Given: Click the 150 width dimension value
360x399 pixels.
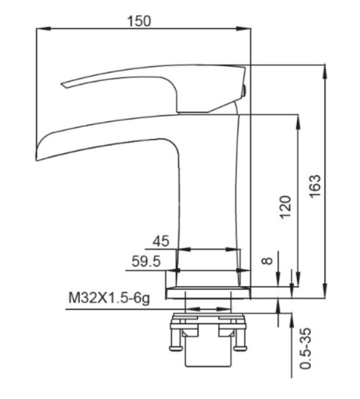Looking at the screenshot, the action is (x=139, y=21).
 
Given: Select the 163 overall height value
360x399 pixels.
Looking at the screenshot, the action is (x=315, y=186).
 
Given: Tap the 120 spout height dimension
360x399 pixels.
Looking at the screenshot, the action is (x=286, y=207).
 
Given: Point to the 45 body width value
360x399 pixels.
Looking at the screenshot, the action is (x=161, y=241).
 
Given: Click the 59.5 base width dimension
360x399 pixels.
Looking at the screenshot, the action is (x=146, y=262).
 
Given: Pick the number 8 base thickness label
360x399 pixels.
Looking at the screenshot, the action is (x=267, y=260).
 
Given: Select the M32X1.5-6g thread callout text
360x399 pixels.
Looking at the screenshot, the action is (x=109, y=298).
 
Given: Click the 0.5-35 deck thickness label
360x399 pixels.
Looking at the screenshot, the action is (x=306, y=348).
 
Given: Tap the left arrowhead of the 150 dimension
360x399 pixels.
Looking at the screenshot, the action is (x=43, y=28).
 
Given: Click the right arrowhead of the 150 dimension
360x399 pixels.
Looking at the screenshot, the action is (x=243, y=28).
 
